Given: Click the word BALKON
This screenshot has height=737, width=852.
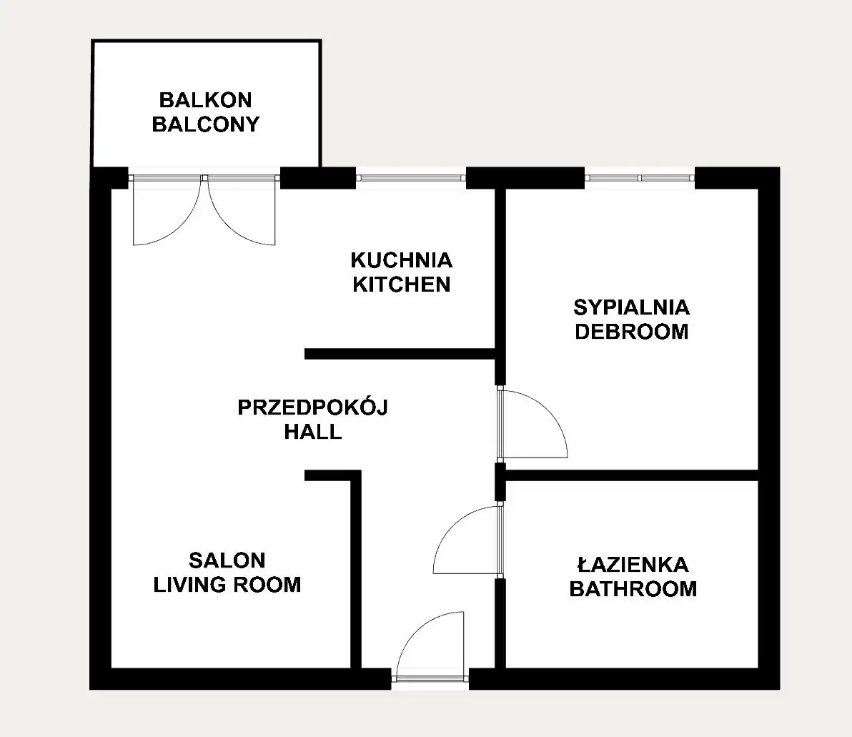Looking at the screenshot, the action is click(x=205, y=100).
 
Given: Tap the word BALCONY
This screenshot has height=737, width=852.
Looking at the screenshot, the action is click(x=205, y=124).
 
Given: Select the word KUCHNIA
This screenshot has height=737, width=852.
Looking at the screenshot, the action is click(x=402, y=260).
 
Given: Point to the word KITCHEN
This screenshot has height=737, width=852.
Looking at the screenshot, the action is click(x=402, y=285).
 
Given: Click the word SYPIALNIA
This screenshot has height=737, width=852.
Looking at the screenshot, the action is click(x=631, y=307).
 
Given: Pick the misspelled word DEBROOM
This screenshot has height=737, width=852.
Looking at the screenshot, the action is click(x=631, y=332).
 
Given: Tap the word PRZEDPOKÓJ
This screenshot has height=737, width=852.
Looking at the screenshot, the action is click(x=313, y=407).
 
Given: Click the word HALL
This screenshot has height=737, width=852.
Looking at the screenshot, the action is click(x=313, y=432).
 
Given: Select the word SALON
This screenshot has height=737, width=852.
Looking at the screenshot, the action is click(x=227, y=560).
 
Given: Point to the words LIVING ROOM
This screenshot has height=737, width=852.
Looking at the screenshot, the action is click(x=227, y=585).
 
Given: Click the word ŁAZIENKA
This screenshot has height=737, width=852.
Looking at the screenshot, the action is click(x=633, y=565).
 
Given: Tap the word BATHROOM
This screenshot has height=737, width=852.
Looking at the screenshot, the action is click(x=633, y=589).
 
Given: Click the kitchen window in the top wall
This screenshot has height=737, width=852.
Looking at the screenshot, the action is click(x=411, y=178).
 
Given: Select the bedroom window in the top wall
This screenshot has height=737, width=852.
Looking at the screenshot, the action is click(x=640, y=178).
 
